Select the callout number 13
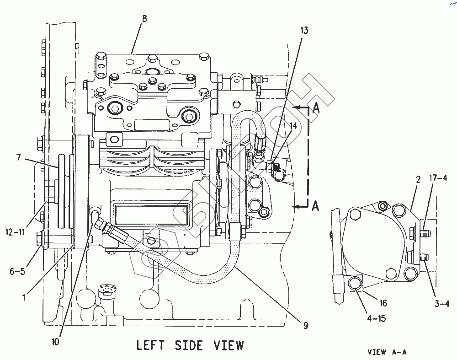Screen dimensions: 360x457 (x=304, y=31)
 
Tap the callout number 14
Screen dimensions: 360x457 (x=292, y=125)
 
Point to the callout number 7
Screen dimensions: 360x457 (x=18, y=158)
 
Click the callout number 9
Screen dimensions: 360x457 (x=305, y=326)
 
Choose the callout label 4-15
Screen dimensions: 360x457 (x=376, y=318)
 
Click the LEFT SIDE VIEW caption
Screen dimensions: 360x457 (x=190, y=345)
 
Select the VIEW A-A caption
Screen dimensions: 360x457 (x=387, y=352)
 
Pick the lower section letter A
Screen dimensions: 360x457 (x=315, y=207)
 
